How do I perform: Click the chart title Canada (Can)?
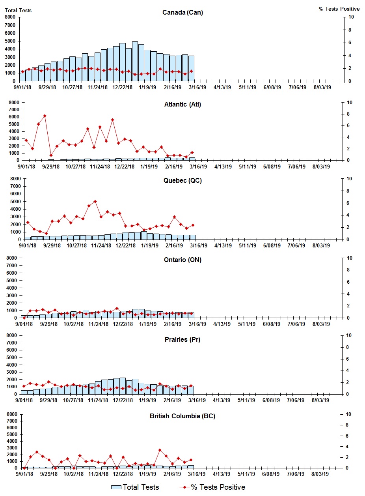pos(182,13)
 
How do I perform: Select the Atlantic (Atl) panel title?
pos(182,105)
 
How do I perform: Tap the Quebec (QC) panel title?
pos(182,181)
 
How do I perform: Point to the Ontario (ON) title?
pos(182,260)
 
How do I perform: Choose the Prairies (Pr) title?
pos(182,339)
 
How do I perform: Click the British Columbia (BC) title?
pos(182,416)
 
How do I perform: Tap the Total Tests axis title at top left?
pos(18,10)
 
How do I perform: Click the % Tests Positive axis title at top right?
pos(339,9)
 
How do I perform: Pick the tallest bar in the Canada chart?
pos(135,61)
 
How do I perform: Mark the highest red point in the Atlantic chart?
pos(45,116)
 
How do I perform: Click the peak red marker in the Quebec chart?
pos(95,202)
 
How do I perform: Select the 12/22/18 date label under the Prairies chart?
pos(123,400)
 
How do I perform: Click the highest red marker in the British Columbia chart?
pos(160,450)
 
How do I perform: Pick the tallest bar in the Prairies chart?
pos(123,386)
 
